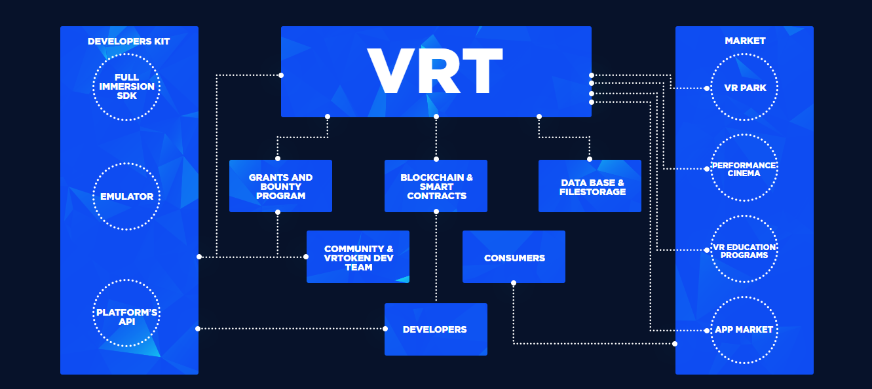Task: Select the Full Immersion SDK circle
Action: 126,87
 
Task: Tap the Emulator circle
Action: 126,196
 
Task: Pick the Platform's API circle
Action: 126,313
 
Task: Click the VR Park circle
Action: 744,88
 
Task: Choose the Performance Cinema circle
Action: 744,169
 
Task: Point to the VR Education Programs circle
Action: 744,251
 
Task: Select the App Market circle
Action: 744,329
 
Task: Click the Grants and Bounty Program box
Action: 280,186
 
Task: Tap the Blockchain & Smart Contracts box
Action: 436,186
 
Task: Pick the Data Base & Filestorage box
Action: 590,186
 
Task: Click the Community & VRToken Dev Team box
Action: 358,257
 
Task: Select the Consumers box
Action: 514,257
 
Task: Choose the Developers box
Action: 436,329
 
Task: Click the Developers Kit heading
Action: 128,41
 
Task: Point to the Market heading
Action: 745,41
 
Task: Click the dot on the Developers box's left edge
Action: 385,329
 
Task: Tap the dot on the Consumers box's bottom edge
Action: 514,283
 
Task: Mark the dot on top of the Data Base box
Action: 590,159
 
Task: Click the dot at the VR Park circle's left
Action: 708,88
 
